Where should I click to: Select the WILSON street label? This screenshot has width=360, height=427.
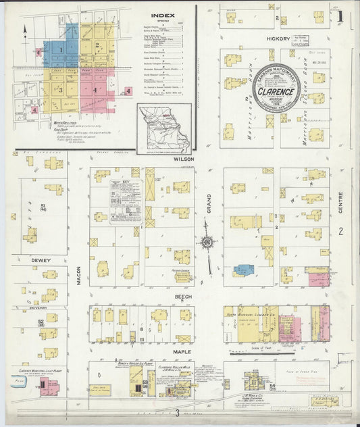point(184,159)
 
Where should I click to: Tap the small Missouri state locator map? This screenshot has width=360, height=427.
point(164,128)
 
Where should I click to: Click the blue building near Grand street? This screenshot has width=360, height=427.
point(243,270)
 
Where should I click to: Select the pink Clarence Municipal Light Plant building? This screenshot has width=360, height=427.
point(49,388)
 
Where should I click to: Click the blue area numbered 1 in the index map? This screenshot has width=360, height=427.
point(61,49)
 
